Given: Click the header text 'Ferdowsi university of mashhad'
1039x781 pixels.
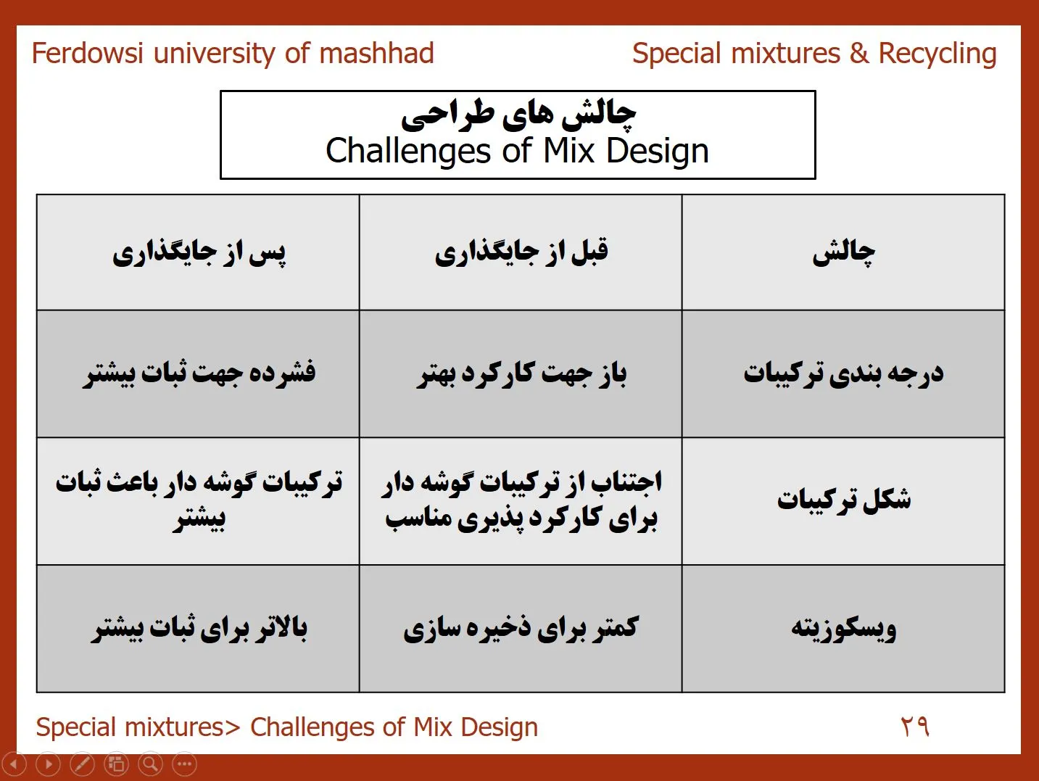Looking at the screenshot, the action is click(x=233, y=53).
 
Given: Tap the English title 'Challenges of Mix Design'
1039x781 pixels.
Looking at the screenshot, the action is click(x=517, y=151).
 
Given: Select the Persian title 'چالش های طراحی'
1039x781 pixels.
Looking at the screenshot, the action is click(x=518, y=116).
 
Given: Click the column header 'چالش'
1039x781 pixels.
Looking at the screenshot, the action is click(x=843, y=253).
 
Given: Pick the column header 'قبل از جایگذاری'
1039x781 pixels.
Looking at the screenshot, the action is click(x=521, y=253).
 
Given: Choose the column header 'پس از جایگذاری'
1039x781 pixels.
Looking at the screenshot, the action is click(x=199, y=253).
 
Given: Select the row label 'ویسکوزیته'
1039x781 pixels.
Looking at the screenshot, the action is click(x=843, y=629).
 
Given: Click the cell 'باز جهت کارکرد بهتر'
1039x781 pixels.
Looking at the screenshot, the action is click(x=521, y=374).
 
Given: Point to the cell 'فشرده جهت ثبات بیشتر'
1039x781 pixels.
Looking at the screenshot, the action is click(x=199, y=374).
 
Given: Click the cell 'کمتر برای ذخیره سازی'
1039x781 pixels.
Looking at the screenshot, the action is click(x=521, y=629).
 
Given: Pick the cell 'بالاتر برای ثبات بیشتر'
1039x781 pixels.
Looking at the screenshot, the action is click(x=199, y=629).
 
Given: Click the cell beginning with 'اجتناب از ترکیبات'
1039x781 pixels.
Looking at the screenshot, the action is click(x=521, y=501).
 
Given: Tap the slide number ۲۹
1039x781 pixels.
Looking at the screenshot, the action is click(x=914, y=727).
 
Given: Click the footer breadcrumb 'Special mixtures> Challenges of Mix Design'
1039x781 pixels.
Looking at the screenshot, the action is click(x=287, y=727).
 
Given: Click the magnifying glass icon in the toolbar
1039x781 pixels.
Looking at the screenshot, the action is click(x=151, y=764).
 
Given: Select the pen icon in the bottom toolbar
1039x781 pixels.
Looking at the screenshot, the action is click(x=82, y=764).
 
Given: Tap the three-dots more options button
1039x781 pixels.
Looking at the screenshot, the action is click(x=185, y=764).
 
